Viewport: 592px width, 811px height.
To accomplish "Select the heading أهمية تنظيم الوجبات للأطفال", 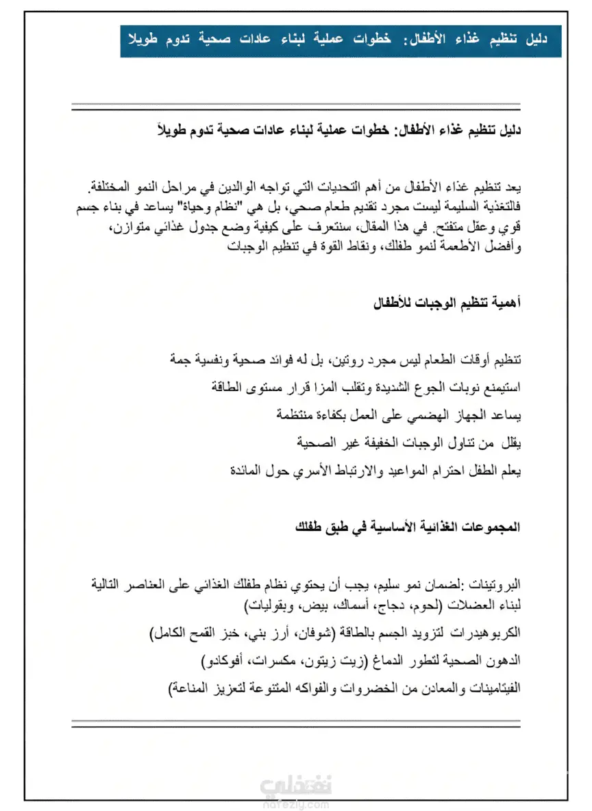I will (x=446, y=302).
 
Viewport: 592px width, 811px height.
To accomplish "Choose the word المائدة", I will (x=244, y=471).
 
